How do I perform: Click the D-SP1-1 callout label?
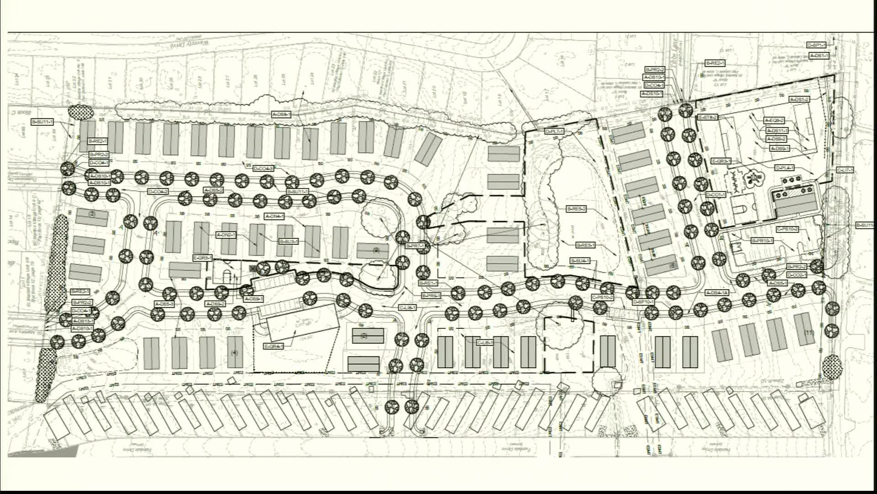pyautogui.click(x=817, y=45)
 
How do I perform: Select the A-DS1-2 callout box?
pyautogui.click(x=799, y=99)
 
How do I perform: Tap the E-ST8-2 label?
pyautogui.click(x=708, y=118)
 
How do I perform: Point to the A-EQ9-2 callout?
pyautogui.click(x=774, y=121)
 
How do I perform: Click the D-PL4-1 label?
pyautogui.click(x=785, y=168)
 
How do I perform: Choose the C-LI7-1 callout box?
pyautogui.click(x=845, y=170)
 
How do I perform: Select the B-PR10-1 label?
pyautogui.click(x=762, y=241)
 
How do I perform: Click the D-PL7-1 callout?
pyautogui.click(x=555, y=132)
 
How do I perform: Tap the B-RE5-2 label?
pyautogui.click(x=576, y=209)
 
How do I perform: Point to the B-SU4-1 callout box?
pyautogui.click(x=580, y=261)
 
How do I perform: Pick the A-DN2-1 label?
pyautogui.click(x=226, y=235)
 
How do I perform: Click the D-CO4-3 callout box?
pyautogui.click(x=264, y=168)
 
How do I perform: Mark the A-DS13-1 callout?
pyautogui.click(x=83, y=321)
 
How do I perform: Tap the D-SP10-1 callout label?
pyautogui.click(x=644, y=302)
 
